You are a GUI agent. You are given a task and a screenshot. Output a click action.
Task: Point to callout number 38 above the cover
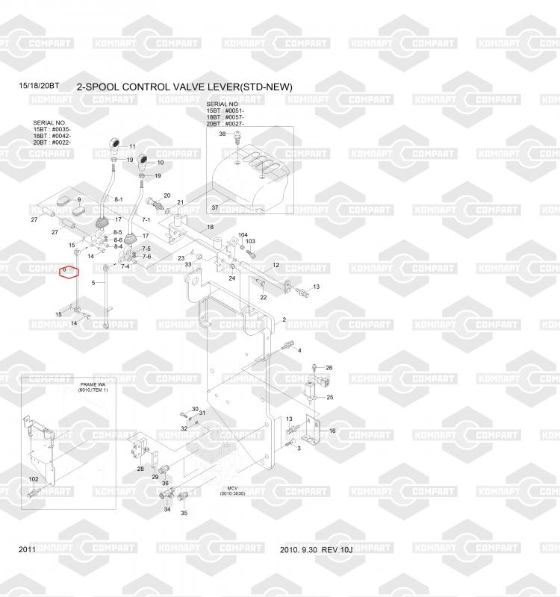coord(222,134)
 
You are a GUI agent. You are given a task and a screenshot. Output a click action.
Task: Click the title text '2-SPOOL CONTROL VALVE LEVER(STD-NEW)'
coord(184,87)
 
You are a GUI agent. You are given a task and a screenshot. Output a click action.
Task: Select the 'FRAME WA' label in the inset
coord(94,384)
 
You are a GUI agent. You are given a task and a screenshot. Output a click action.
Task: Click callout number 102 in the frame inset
coord(34,479)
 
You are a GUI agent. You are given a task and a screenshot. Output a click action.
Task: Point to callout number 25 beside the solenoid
coord(329,397)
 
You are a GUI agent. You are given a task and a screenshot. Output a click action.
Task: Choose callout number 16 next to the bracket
coord(332,431)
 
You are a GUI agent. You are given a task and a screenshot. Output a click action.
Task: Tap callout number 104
coord(243,235)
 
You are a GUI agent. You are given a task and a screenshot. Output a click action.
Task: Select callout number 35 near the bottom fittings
coord(184,513)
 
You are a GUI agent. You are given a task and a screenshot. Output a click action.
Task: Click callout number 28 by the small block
coord(140,469)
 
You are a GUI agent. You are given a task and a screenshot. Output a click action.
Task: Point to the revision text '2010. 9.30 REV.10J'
coord(315,550)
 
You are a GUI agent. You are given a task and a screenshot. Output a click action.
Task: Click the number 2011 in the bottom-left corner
coord(27,550)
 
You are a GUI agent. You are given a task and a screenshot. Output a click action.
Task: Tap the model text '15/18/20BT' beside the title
coord(38,87)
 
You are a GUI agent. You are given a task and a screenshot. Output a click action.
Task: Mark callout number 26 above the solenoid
coord(329,368)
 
